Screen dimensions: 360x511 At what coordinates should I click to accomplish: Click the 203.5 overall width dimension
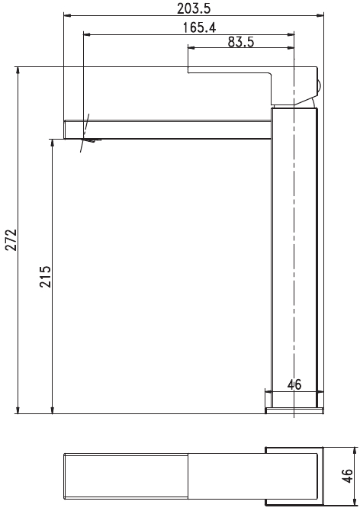tap(194, 9)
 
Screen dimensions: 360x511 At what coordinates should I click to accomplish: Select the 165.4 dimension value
tap(199, 27)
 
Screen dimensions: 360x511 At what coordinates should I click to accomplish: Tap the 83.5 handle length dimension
tap(241, 42)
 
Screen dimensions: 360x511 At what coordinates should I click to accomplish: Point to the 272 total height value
tap(11, 239)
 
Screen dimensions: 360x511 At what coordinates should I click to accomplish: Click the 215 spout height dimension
tap(46, 277)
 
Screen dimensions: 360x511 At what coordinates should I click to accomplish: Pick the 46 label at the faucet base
tap(294, 384)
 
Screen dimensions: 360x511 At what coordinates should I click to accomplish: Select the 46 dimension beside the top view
tap(348, 476)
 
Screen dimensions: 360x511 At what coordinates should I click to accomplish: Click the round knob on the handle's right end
tap(320, 86)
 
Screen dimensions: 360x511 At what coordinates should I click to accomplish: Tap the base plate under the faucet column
tap(295, 410)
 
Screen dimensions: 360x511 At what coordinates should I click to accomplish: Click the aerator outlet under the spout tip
tap(93, 140)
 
